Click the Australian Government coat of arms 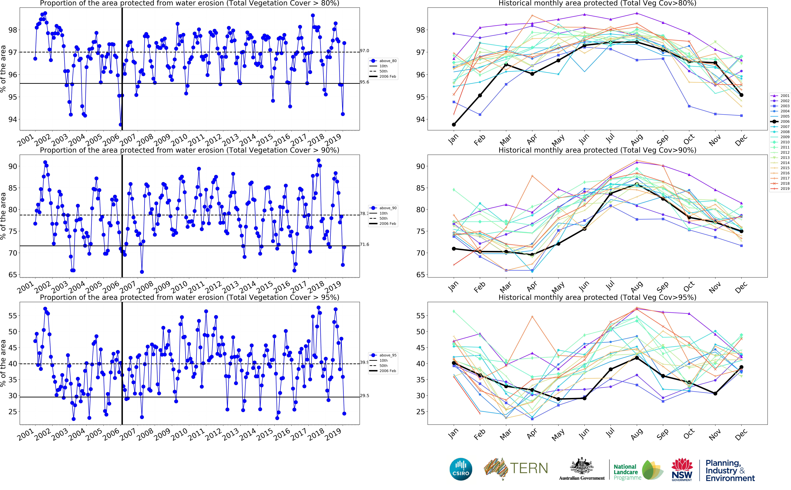[582, 467]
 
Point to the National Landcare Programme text [627, 472]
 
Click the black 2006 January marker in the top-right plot [454, 125]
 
